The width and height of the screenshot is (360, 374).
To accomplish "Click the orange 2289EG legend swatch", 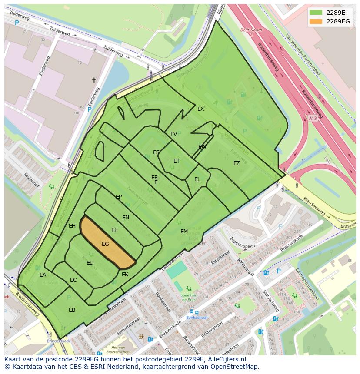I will [316, 21].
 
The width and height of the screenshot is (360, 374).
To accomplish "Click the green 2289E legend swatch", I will [316, 13].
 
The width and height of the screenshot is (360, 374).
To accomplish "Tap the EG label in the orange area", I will [105, 244].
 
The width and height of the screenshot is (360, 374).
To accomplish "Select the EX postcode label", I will [200, 109].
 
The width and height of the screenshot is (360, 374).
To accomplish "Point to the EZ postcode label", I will [237, 163].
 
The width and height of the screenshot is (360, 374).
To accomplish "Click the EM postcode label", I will [184, 232].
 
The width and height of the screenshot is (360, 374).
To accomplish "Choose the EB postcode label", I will [72, 310].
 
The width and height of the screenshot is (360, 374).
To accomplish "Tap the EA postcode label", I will [43, 275].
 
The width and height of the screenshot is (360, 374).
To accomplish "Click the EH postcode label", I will [72, 225].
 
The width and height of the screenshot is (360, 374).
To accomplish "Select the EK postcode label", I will [125, 275].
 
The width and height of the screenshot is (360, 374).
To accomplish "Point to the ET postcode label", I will [177, 161].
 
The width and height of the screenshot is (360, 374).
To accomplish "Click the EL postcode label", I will [197, 179].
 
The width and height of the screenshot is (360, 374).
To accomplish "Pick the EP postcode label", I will [119, 197].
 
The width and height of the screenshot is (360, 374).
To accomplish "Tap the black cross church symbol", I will [93, 80].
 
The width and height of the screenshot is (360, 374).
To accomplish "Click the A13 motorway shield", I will [313, 118].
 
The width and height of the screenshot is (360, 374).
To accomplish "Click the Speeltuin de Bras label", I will [190, 298].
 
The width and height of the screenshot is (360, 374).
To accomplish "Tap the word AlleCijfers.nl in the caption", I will [226, 359].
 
